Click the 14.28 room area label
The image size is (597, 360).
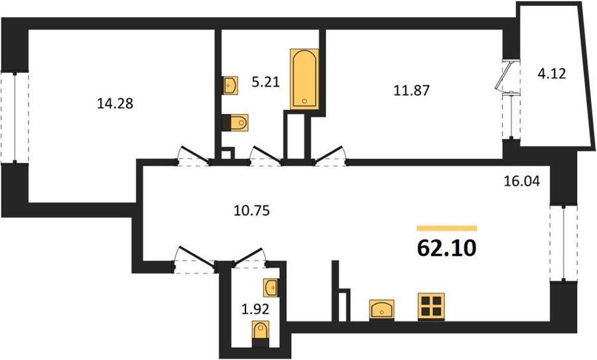coord(115,103)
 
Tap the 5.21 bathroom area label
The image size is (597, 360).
coord(266,82)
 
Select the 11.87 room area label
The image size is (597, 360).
coord(411,90)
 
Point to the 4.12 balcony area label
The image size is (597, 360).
coord(552,73)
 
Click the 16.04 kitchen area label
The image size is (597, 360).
coord(521,181)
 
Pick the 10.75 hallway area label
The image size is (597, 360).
coord(251,210)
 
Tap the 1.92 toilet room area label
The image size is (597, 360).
coord(255,309)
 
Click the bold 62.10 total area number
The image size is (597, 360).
coord(446,249)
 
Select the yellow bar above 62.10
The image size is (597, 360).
coord(446,228)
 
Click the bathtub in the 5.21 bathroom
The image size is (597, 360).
coord(304,79)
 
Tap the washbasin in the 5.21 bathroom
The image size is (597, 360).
coord(230,86)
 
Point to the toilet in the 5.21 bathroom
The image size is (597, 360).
coord(235,123)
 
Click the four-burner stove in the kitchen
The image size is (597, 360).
coord(431,307)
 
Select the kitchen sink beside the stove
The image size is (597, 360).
coord(381,310)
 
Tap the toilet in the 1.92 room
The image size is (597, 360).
coord(261,333)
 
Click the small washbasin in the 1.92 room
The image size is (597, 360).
coord(271,287)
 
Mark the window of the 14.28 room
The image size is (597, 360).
coord(15,117)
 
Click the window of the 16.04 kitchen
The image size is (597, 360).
coord(564,243)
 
